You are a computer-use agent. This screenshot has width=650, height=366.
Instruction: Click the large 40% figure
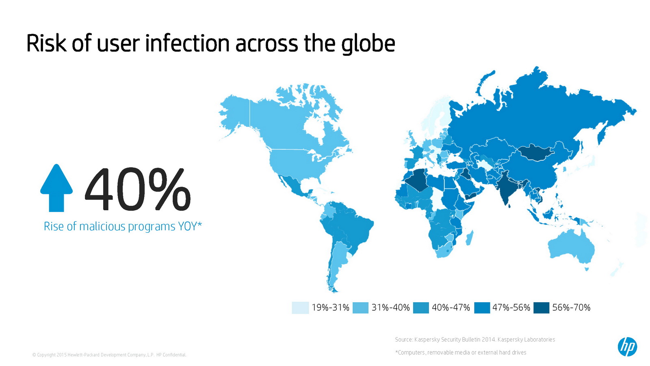click(x=138, y=189)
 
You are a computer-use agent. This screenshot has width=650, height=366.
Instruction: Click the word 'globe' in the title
click(x=368, y=44)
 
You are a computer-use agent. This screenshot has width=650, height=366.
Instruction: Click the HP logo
click(x=627, y=347)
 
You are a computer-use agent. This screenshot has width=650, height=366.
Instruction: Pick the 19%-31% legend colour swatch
click(x=300, y=308)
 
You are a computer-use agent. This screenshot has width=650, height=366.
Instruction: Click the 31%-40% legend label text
click(x=390, y=307)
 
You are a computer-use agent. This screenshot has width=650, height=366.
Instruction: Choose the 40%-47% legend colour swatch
click(x=421, y=308)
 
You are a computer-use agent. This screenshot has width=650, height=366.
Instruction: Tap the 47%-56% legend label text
click(x=511, y=307)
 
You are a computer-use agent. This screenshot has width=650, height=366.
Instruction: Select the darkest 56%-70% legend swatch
click(x=541, y=308)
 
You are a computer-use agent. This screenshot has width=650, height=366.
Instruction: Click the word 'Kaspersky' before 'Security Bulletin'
click(x=427, y=340)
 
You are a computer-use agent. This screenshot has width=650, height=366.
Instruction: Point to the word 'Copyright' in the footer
click(x=46, y=355)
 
